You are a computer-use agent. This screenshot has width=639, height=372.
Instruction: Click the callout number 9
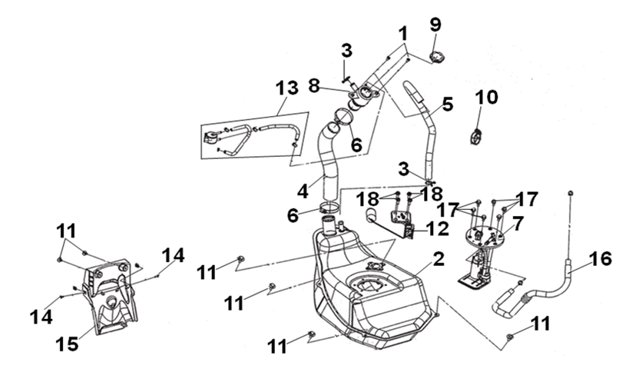[x=435, y=25]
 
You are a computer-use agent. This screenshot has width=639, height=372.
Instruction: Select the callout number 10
[x=486, y=98]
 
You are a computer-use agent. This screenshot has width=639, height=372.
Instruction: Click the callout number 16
[x=601, y=258]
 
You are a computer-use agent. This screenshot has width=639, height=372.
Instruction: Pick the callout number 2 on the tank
[x=438, y=259]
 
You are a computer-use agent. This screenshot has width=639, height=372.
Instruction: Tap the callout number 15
[x=68, y=344]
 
